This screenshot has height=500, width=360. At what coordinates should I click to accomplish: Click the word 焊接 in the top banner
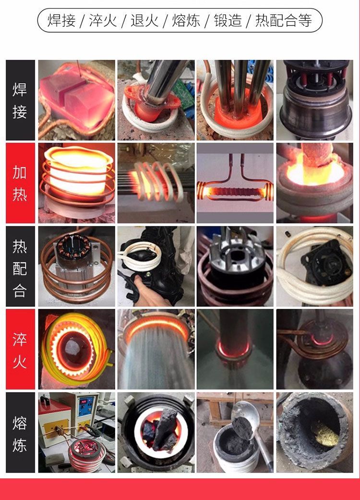pyautogui.click(x=62, y=20)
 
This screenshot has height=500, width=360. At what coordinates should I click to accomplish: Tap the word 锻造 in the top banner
pyautogui.click(x=228, y=20)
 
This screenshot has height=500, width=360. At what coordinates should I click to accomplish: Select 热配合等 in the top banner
pyautogui.click(x=283, y=20)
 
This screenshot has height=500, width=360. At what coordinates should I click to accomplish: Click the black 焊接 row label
pyautogui.click(x=20, y=100)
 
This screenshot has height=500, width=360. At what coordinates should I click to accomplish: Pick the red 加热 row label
pyautogui.click(x=20, y=183)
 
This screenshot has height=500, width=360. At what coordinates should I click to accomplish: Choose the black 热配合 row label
pyautogui.click(x=20, y=266)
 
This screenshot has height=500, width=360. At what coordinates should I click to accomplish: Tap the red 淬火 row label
pyautogui.click(x=20, y=349)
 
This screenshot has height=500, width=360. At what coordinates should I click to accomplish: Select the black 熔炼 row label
pyautogui.click(x=20, y=432)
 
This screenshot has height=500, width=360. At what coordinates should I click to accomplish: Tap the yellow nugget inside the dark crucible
pyautogui.click(x=325, y=434)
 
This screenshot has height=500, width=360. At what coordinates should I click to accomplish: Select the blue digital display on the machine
pyautogui.click(x=85, y=405)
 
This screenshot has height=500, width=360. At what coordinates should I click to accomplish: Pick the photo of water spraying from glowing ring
pyautogui.click(x=156, y=349)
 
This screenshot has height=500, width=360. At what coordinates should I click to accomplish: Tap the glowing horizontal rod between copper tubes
pyautogui.click(x=235, y=192)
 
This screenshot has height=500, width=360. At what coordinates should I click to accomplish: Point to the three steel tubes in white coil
pyautogui.click(x=240, y=86)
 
